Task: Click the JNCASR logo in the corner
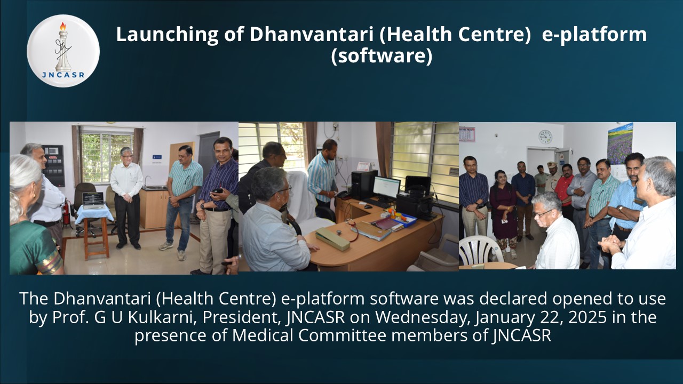[x=63, y=51]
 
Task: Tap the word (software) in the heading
[x=381, y=56]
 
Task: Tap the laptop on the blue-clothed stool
[x=93, y=201]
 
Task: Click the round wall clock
[x=545, y=137]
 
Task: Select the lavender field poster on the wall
[x=620, y=143]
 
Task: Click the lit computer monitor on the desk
[x=386, y=188]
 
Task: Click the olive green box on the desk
[x=332, y=238]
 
